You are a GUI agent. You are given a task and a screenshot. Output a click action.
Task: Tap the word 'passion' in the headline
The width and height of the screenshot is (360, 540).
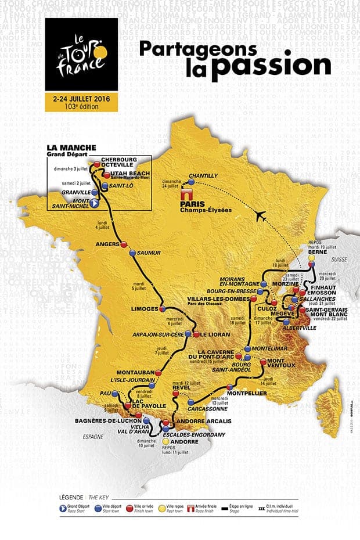[270, 69]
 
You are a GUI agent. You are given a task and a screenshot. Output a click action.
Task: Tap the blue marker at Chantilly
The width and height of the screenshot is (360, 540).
[191, 181]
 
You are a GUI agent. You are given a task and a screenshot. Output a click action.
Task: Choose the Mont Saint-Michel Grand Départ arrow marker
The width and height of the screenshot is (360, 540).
[92, 204]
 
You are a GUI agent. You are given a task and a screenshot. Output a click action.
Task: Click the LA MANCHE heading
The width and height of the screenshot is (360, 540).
[71, 148]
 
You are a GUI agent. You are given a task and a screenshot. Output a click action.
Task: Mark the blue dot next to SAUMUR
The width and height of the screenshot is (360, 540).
[132, 253]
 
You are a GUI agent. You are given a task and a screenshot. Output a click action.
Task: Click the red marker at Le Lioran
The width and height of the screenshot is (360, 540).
[196, 334]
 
